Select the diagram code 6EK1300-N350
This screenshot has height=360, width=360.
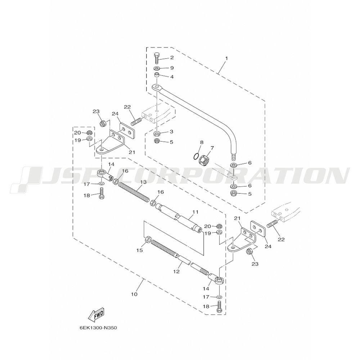(99, 328)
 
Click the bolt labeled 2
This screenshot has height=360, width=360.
(157, 58)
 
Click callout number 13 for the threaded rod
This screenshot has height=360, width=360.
(144, 182)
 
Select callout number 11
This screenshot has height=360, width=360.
(195, 212)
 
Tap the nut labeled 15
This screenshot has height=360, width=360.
(148, 240)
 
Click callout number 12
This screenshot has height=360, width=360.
(176, 271)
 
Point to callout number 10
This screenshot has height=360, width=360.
(134, 294)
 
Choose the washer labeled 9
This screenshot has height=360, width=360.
(157, 68)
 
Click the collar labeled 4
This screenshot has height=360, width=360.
(157, 75)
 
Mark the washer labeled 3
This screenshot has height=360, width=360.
(157, 133)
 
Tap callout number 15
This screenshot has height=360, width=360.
(140, 250)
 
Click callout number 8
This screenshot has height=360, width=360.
(202, 142)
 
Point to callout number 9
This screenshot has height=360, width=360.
(172, 68)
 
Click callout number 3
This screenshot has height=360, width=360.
(171, 131)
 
